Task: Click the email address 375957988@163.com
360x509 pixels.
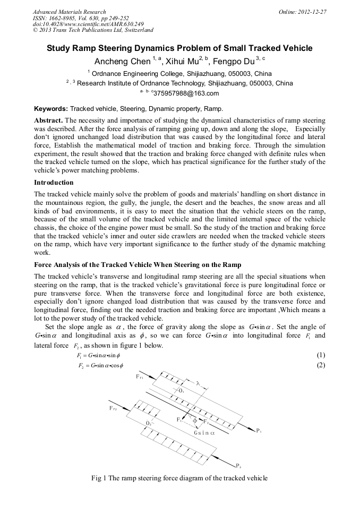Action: pyautogui.click(x=182, y=93)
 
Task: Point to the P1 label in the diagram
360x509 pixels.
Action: pyautogui.click(x=259, y=430)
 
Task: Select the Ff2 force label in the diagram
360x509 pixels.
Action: pyautogui.click(x=114, y=408)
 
